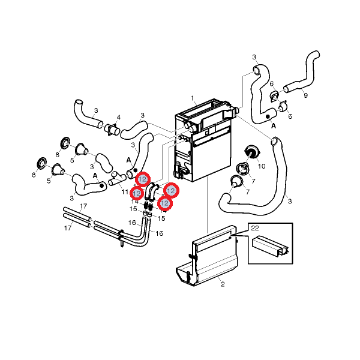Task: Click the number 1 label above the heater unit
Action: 193,98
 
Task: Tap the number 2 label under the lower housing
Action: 222,284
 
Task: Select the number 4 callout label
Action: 118,117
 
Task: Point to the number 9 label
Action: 305,95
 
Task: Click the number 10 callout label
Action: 261,164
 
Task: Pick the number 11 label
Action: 124,191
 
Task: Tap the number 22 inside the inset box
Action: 254,228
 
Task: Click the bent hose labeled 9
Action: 303,75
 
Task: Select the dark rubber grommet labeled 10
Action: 250,151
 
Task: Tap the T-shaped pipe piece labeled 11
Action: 116,178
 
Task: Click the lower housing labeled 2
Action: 207,264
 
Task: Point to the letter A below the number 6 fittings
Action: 274,126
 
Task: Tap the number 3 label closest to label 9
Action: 254,57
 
